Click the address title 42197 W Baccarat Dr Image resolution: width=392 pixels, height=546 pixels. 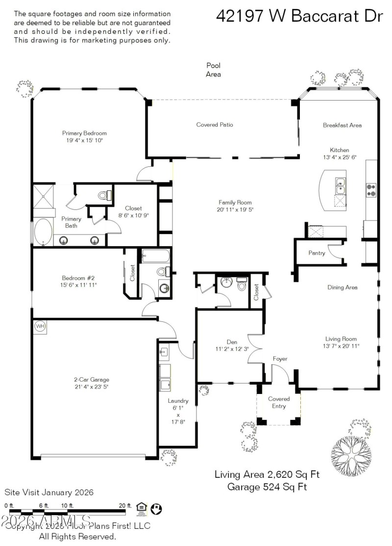[299, 16]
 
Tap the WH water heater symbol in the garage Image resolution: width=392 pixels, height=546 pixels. [39, 326]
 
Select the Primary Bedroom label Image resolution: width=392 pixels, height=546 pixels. [84, 133]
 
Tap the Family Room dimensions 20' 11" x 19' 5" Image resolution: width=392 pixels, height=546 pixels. [235, 209]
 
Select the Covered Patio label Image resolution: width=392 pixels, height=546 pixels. [215, 125]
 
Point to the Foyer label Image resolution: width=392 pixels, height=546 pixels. [280, 359]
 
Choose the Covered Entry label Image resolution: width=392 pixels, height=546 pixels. [279, 402]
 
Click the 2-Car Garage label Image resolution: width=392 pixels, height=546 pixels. [91, 379]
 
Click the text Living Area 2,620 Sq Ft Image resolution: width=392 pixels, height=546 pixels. [267, 474]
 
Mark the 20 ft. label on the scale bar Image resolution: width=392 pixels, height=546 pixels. [125, 505]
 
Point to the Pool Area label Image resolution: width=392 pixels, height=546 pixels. [213, 70]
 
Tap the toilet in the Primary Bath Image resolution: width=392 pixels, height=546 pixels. [103, 195]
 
